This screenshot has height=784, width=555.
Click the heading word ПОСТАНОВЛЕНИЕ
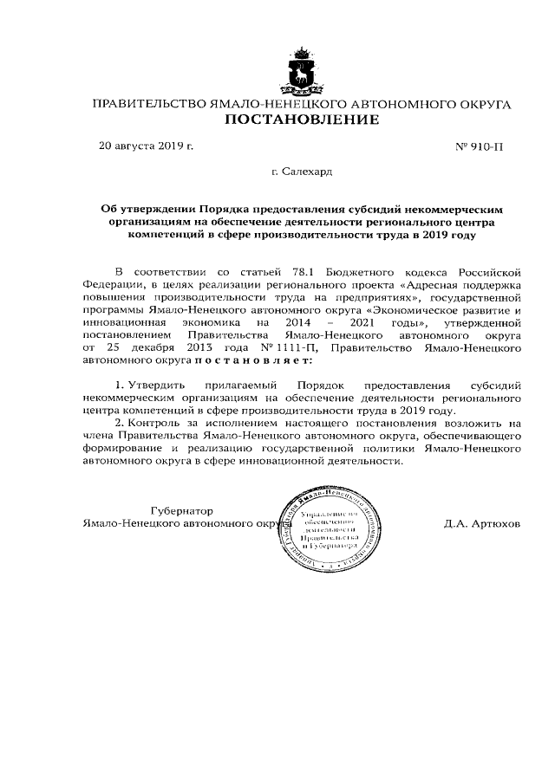pyautogui.click(x=302, y=120)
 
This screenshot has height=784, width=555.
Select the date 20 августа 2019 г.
pyautogui.click(x=147, y=146)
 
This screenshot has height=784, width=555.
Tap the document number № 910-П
pyautogui.click(x=479, y=147)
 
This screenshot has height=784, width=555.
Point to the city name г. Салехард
pyautogui.click(x=301, y=172)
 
